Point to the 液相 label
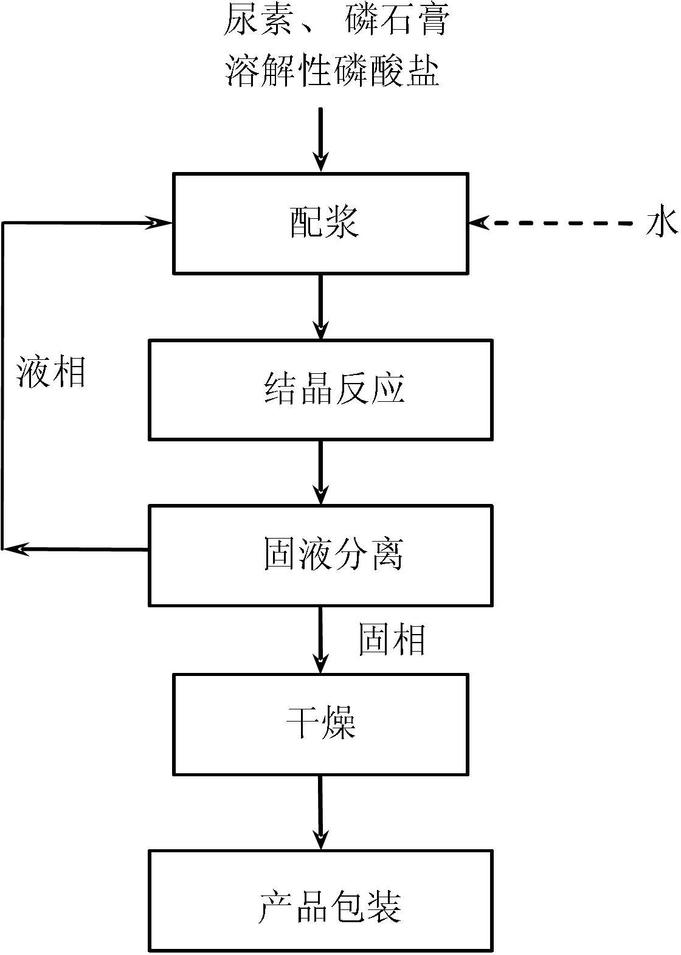pos(51,371)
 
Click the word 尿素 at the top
pos(258,20)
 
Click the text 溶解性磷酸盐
pos(332,71)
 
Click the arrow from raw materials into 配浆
pos(320,139)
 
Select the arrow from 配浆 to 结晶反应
pos(320,306)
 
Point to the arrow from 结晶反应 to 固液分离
pos(320,473)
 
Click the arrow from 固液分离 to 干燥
pos(320,640)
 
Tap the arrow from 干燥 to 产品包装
pos(320,813)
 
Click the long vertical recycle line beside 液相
pos(3,386)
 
